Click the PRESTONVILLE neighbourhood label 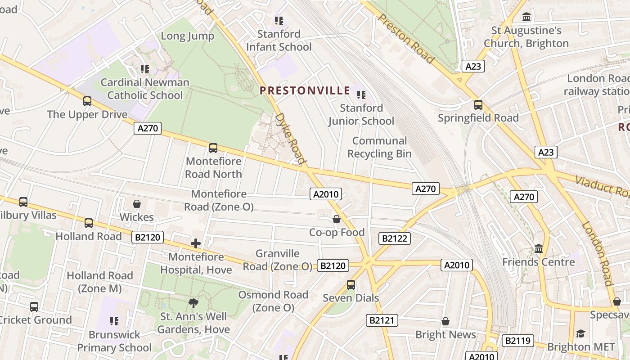click(305, 90)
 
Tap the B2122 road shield click(395, 238)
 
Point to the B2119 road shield click(517, 341)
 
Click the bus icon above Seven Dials click(351, 285)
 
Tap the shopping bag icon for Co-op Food click(336, 219)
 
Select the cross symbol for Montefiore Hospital click(196, 243)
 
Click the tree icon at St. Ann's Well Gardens click(193, 303)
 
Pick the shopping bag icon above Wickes click(137, 204)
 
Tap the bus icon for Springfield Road click(478, 105)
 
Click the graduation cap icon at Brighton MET click(580, 333)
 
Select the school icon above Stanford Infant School click(279, 21)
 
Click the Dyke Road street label click(290, 138)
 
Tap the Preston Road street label click(406, 38)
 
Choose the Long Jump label click(187, 36)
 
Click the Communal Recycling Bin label click(379, 147)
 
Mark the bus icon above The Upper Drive click(87, 101)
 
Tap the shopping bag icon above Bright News click(445, 321)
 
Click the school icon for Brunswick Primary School click(114, 321)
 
